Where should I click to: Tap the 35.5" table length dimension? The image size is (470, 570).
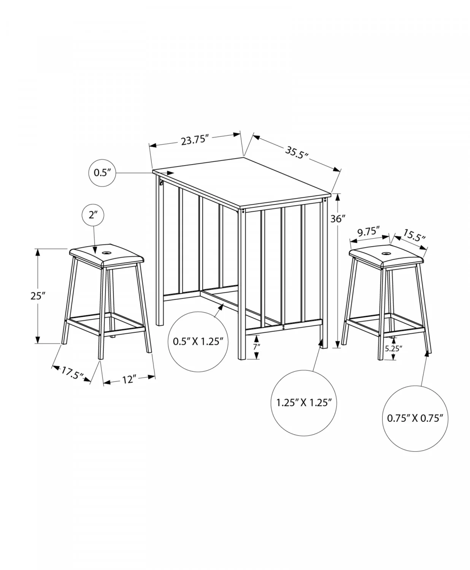pos(297,153)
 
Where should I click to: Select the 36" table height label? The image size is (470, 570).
pos(338,218)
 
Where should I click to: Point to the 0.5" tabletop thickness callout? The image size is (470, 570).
pos(102,173)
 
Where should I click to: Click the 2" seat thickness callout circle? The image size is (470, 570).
pos(93,215)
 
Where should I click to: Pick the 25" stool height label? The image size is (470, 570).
pos(38,296)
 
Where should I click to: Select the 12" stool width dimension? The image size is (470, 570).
pos(129,379)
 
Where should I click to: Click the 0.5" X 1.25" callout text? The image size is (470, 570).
pos(198,342)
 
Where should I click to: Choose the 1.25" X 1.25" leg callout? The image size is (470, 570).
pos(304,403)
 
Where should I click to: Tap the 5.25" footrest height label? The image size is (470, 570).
pos(394,348)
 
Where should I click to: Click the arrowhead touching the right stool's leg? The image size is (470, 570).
pos(426,353)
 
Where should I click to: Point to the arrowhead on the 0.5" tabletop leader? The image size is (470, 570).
pos(170,173)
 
